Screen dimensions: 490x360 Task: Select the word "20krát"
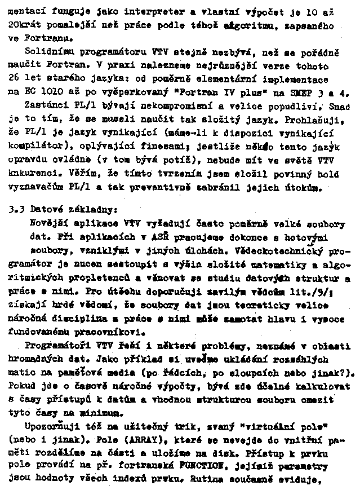click(23, 26)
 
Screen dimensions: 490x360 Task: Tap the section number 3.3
click(16, 208)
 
